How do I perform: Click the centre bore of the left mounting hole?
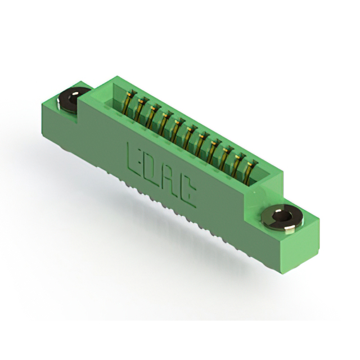[73, 97]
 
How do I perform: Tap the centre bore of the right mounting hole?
[282, 216]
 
